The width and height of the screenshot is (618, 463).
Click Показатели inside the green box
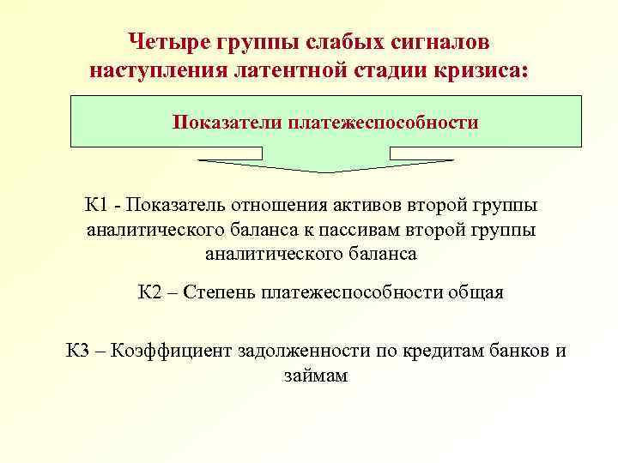point(226,122)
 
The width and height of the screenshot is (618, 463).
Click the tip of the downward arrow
point(326,171)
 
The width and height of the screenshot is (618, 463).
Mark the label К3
point(82,351)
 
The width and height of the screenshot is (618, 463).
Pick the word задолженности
point(301,351)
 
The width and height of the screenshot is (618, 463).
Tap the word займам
point(314,375)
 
